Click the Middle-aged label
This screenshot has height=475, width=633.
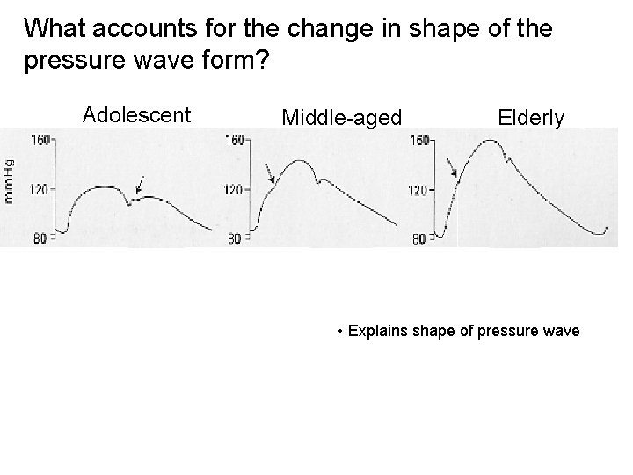point(341,117)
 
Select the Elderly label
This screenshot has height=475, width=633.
point(531,117)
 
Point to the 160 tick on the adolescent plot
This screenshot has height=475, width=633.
point(40,138)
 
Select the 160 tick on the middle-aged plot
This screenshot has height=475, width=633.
point(235,139)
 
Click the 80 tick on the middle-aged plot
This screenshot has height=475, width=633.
point(234,237)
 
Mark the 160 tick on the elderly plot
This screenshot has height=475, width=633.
point(420,140)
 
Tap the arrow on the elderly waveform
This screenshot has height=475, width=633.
point(451,166)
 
